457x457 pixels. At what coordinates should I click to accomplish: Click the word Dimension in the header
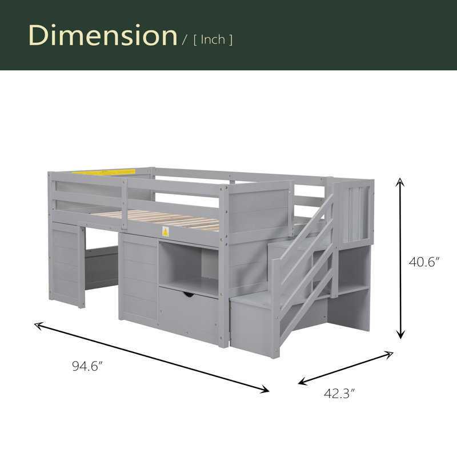(103, 35)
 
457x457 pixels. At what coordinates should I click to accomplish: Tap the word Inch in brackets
(213, 39)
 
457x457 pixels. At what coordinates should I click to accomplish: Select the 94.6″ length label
(87, 366)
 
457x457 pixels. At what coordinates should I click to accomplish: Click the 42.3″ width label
(339, 394)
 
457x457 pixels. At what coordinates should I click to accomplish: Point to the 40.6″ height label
(424, 262)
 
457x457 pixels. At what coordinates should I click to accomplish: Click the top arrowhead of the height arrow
(400, 182)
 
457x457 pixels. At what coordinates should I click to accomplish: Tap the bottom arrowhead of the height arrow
(401, 334)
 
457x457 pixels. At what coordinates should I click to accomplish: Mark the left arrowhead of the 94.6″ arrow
(39, 325)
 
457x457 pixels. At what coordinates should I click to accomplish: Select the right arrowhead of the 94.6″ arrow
(264, 389)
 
